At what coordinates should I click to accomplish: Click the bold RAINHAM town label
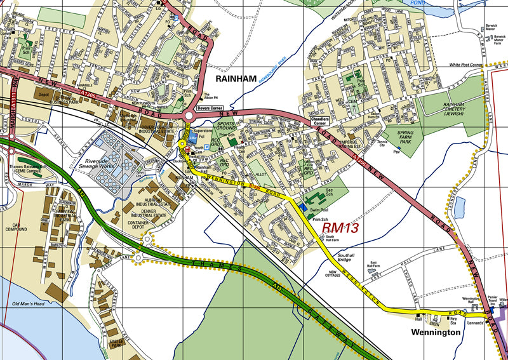pyautogui.click(x=235, y=79)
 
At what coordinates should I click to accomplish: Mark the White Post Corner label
pyautogui.click(x=466, y=65)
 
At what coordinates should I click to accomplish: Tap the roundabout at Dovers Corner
pyautogui.click(x=189, y=117)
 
